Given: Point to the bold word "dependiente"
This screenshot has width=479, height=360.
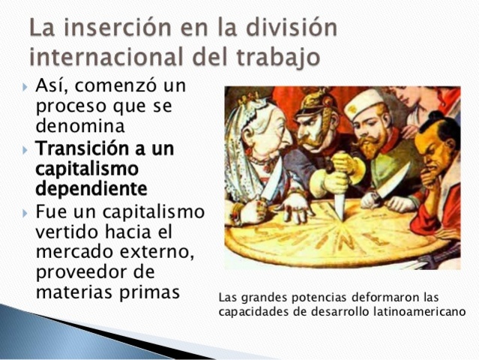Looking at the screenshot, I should pos(91,187).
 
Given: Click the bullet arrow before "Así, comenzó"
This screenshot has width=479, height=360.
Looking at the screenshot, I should pos(26,87).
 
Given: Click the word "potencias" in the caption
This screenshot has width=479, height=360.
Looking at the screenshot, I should pos(324,297).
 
